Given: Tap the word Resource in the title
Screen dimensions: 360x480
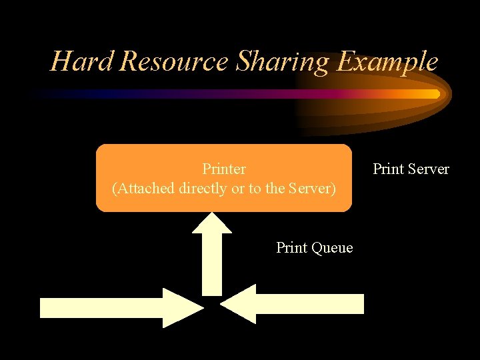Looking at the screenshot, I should click(175, 61).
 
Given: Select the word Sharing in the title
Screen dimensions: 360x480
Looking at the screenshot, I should click(283, 61).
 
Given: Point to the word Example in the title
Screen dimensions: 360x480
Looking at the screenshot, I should click(387, 61).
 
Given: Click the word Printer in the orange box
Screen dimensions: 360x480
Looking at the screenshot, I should click(224, 169).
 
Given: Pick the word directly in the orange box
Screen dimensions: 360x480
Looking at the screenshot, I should click(203, 189).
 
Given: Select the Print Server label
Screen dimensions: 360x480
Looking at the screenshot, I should click(411, 169).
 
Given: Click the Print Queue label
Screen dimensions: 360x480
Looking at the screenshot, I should click(314, 248).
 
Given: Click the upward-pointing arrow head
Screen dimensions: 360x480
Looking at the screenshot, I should click(212, 223).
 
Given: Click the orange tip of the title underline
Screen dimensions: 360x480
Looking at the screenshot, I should click(433, 94).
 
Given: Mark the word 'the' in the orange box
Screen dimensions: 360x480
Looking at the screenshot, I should click(275, 189).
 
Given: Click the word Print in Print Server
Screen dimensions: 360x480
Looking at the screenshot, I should click(387, 169).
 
